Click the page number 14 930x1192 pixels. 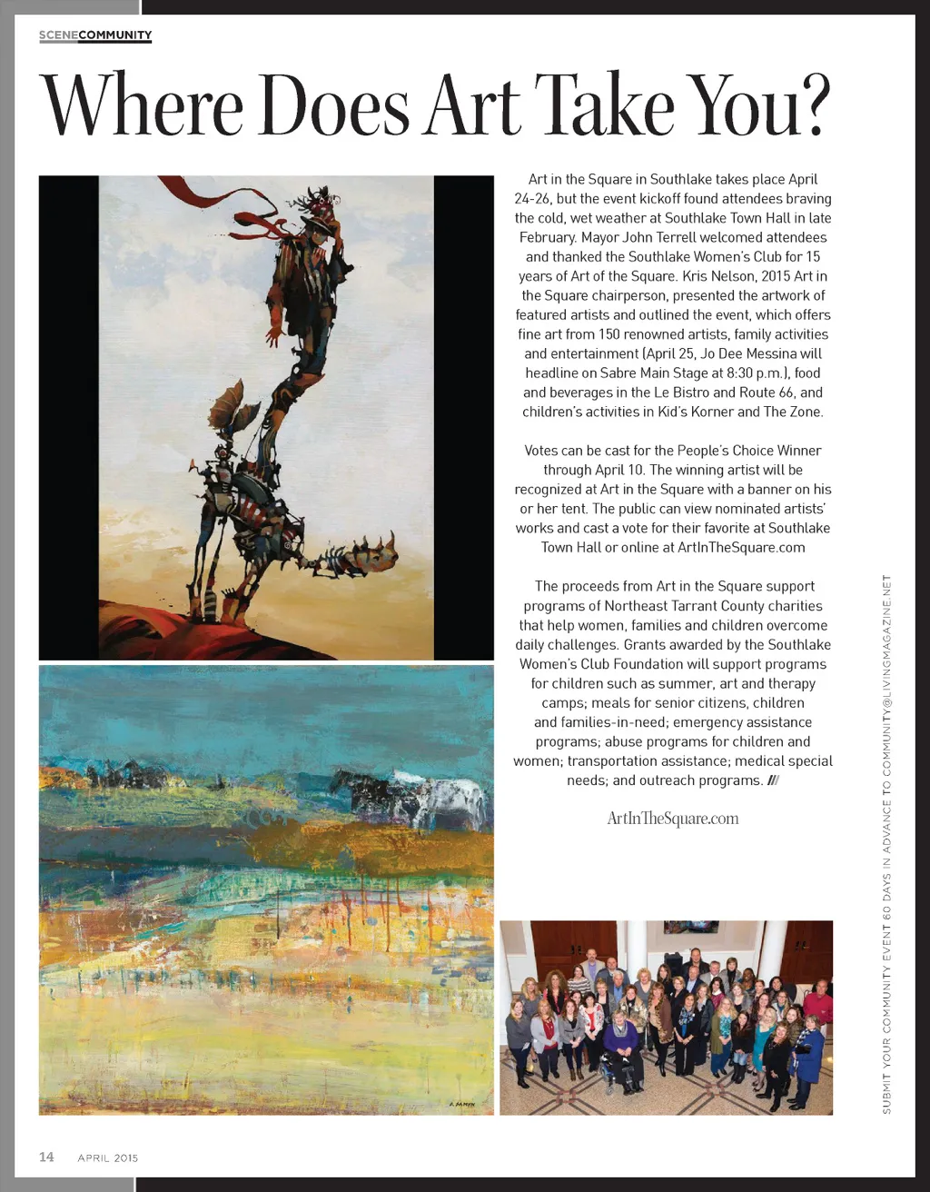tap(46, 1157)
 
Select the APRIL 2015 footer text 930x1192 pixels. tap(108, 1157)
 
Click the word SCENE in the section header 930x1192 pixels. tap(58, 35)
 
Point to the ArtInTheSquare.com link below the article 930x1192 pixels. tap(673, 819)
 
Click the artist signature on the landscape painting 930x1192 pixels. tap(462, 1104)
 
